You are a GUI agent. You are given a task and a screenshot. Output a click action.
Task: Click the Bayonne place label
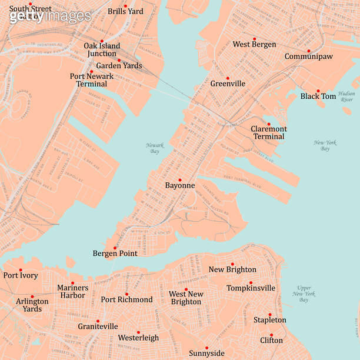coord(179,186)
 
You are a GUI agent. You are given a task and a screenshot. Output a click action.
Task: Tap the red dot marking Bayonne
coord(180,179)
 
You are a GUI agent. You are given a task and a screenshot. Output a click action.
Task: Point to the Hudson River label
coord(346,96)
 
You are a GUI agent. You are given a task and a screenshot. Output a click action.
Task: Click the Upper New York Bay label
coord(304,294)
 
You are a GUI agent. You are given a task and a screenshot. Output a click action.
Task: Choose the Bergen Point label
coord(115,254)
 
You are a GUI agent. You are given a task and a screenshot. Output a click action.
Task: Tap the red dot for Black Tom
coord(318,91)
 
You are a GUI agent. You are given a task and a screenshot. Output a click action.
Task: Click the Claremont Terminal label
coord(269,132)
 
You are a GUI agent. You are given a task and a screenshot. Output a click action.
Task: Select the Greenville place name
coord(228,84)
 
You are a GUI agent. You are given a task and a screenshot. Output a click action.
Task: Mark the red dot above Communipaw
coord(308,51)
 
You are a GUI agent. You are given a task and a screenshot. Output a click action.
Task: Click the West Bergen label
coord(254,45)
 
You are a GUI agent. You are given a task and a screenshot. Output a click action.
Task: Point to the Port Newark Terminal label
coord(92,80)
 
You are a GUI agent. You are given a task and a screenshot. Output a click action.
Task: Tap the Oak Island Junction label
coord(102,49)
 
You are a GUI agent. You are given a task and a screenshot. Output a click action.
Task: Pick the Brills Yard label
coord(125,11)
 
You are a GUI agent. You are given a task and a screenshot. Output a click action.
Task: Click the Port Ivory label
coord(21,275)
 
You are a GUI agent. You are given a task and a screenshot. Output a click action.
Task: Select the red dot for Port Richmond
coord(126,294)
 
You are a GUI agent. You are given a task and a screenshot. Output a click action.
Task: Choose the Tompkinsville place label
coord(251,288)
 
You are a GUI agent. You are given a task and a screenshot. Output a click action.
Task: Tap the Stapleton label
coord(270,320)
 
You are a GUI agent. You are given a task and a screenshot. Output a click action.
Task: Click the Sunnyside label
coord(206,353)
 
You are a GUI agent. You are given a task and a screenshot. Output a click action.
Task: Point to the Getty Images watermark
coord(50,16)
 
